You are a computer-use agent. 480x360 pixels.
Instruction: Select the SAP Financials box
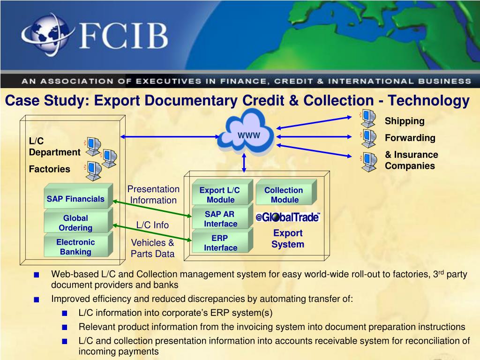coord(76,199)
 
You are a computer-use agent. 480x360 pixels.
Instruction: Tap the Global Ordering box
coord(76,223)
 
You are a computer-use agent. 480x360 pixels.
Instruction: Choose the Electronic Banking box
coord(76,247)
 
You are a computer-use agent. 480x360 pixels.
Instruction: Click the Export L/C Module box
coord(220,195)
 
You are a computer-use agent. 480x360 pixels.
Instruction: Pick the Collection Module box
coord(284,195)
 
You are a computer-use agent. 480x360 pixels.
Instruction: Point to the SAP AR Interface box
coord(220,219)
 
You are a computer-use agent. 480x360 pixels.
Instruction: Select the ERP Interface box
coord(220,243)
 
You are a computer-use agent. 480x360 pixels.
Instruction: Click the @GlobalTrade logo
coord(288,217)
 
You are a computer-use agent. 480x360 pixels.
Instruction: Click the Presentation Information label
coord(153,195)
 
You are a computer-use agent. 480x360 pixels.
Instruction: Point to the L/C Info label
coord(152,225)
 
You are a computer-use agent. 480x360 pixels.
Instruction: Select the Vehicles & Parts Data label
coord(152,248)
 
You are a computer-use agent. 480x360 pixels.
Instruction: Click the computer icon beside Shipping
coord(368,119)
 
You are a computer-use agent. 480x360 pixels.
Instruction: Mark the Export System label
coord(288,239)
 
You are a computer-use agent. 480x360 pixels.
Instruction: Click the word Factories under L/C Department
coord(49,169)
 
